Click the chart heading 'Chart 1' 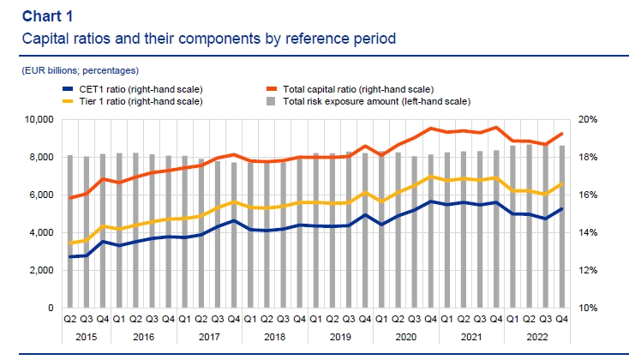click(47, 16)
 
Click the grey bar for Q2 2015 click(70, 231)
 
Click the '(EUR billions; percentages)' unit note click(79, 70)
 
